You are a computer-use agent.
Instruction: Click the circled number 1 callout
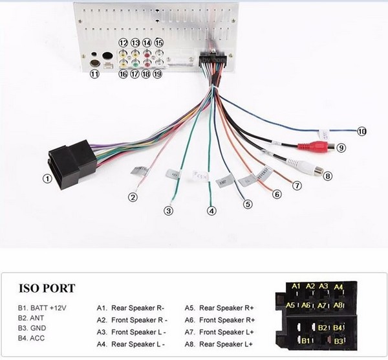(x=47, y=177)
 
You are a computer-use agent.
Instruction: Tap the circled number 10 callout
(x=361, y=131)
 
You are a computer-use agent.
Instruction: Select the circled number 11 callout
(x=94, y=74)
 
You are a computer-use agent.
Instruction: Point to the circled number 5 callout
(x=247, y=204)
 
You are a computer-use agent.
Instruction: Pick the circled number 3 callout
(x=168, y=210)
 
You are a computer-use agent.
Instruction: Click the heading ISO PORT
(x=47, y=288)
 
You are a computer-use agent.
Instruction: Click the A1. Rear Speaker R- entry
(x=130, y=309)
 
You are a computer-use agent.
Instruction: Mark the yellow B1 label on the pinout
(x=308, y=340)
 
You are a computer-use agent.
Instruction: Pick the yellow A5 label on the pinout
(x=290, y=305)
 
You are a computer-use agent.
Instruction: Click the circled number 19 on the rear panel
(x=157, y=74)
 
